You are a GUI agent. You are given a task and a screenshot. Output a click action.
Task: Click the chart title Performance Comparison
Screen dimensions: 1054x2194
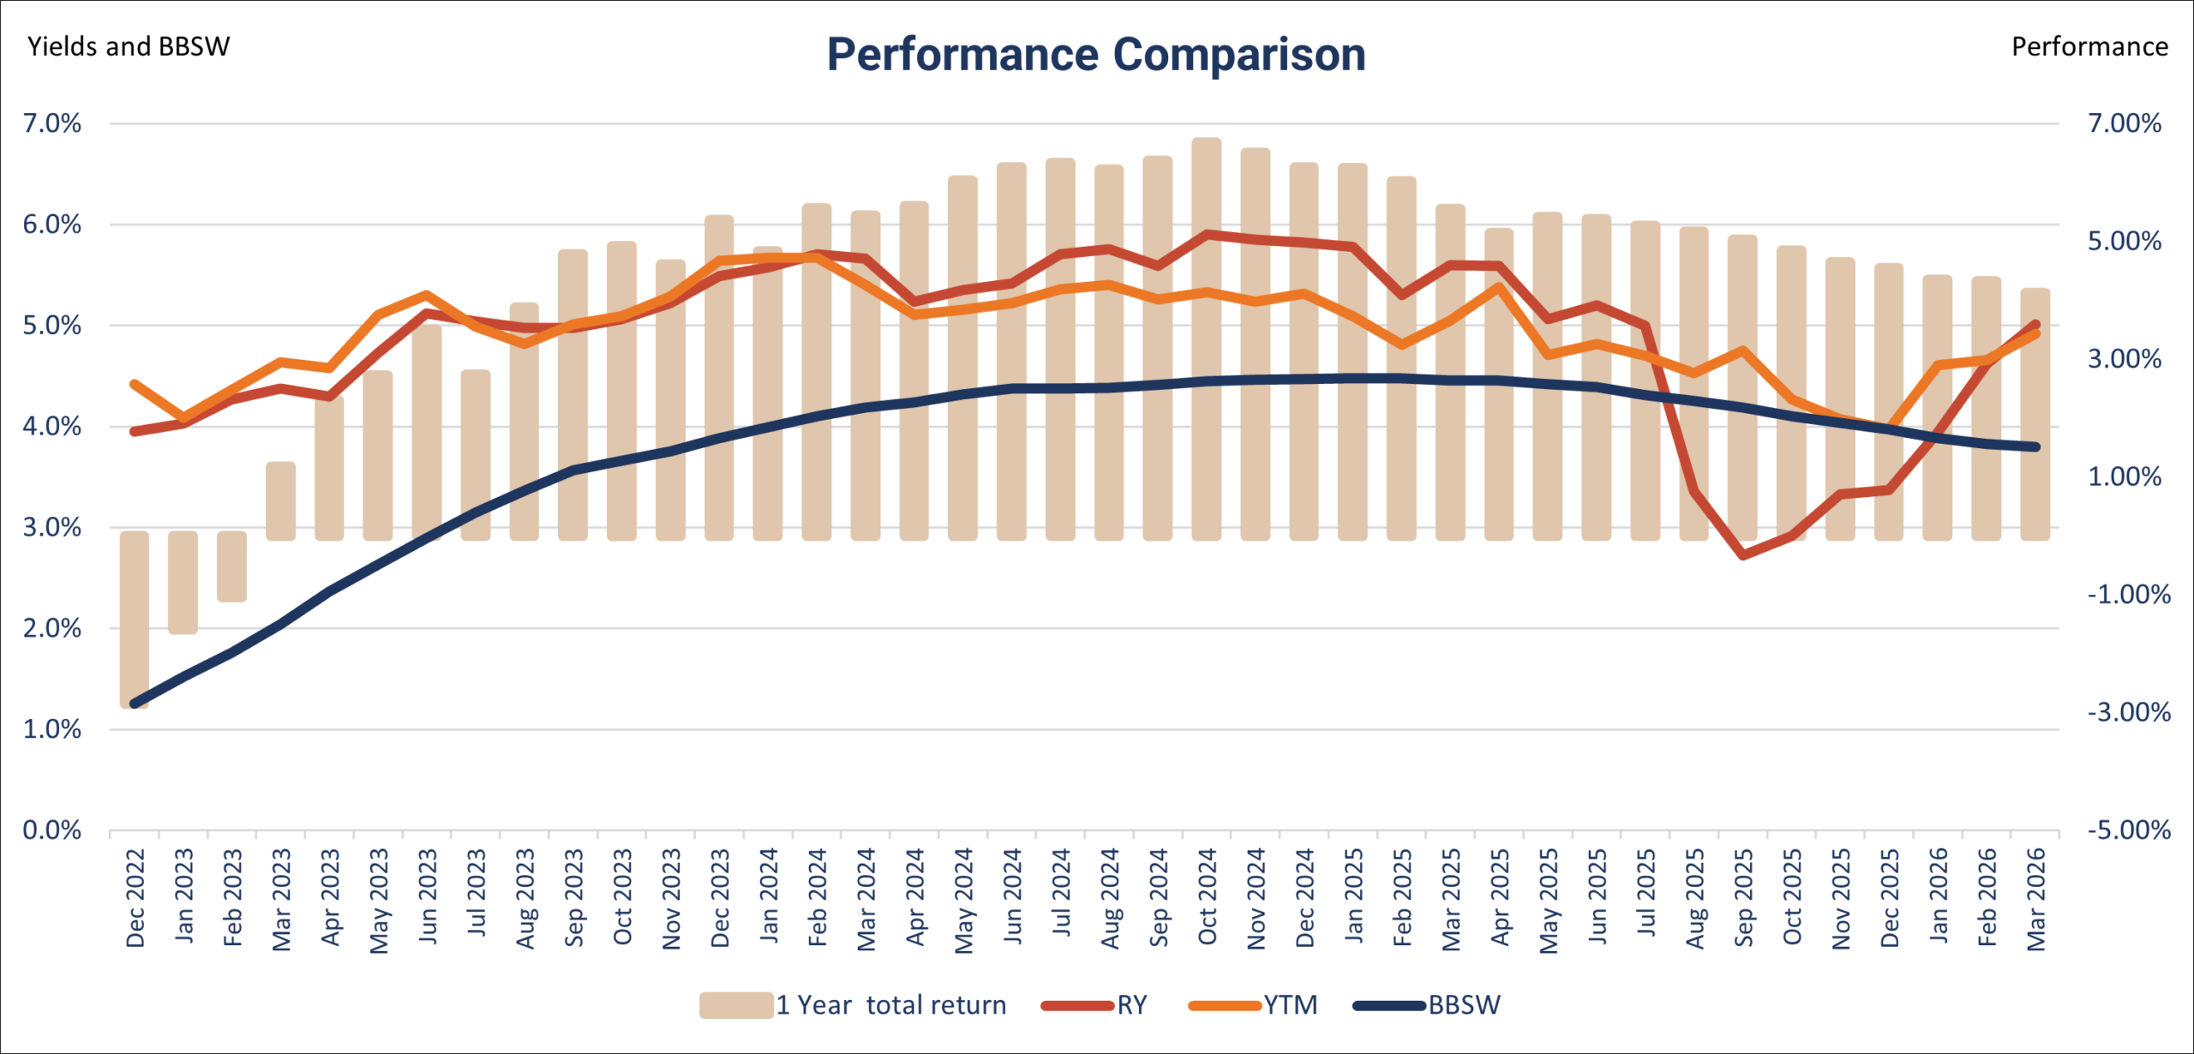pyautogui.click(x=1095, y=55)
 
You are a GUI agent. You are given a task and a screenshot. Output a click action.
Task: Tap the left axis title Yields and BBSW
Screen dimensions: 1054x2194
pyautogui.click(x=129, y=46)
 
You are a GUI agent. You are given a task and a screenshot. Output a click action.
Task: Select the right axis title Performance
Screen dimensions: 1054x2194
pyautogui.click(x=2089, y=46)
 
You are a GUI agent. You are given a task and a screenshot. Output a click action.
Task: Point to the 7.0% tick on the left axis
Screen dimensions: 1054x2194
pyautogui.click(x=52, y=123)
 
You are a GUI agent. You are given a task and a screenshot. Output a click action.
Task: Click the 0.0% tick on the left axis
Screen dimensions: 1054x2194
pyautogui.click(x=52, y=829)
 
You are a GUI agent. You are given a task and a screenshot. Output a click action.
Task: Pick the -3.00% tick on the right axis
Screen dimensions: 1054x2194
pyautogui.click(x=2129, y=712)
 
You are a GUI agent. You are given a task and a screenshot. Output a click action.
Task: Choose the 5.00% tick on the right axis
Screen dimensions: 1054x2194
pyautogui.click(x=2124, y=241)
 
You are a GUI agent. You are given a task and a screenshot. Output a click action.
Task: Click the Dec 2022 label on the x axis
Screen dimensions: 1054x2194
pyautogui.click(x=135, y=898)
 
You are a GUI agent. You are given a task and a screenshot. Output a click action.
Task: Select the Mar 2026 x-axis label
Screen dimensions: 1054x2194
pyautogui.click(x=2036, y=899)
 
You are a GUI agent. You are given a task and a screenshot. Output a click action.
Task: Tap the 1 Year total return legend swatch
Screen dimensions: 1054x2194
pyautogui.click(x=736, y=1005)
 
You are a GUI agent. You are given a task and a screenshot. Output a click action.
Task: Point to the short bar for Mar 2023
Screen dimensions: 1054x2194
pyautogui.click(x=281, y=501)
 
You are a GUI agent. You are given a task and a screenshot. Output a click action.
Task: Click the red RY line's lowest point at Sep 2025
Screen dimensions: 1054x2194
pyautogui.click(x=1743, y=555)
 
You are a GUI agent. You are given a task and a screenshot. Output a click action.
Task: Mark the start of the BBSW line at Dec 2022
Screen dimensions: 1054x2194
pyautogui.click(x=135, y=704)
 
